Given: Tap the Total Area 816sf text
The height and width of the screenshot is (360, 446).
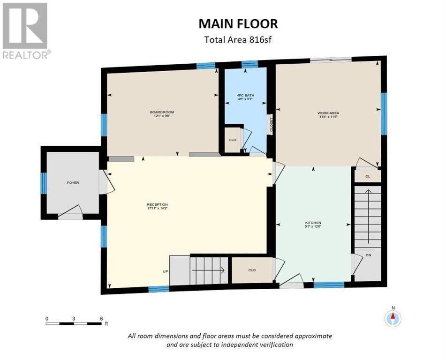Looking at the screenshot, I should click(x=238, y=39).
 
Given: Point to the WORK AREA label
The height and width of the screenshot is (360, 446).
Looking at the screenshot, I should click(x=328, y=113).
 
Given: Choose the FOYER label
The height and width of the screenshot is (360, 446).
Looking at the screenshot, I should click(x=72, y=182).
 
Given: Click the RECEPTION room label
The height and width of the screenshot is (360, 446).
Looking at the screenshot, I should click(x=157, y=204).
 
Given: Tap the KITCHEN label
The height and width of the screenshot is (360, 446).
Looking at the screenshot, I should click(x=313, y=223).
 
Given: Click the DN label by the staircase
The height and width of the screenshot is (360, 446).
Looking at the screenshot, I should click(x=368, y=255).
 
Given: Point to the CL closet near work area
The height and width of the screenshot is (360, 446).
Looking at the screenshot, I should click(x=367, y=176).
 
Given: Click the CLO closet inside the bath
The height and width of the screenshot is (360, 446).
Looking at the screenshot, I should click(x=232, y=140).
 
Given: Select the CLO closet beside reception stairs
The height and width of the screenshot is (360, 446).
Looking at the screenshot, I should click(x=252, y=270).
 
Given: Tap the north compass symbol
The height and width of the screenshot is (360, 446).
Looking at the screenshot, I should click(x=393, y=317).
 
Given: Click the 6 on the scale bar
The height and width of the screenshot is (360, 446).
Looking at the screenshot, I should click(x=101, y=318).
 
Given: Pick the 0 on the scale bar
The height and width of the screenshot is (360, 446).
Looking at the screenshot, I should click(x=47, y=318).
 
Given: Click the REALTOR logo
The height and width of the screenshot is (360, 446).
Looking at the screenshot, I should click(x=26, y=31).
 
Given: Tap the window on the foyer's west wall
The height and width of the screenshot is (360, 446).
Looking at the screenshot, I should click(x=44, y=182).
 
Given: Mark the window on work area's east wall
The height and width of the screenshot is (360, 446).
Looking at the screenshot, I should click(x=383, y=113).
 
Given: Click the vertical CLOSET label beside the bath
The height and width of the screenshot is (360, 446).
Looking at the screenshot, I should click(x=270, y=125).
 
